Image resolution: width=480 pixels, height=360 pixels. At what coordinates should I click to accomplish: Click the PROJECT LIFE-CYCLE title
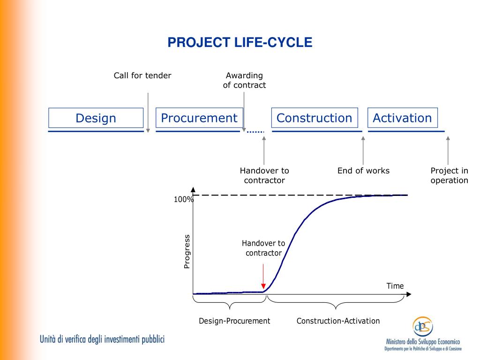point(240,42)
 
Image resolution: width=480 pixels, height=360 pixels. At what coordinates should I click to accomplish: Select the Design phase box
point(96,118)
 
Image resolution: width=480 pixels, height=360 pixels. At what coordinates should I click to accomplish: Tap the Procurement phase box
point(199,118)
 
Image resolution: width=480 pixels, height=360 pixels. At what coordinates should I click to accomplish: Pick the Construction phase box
point(315,118)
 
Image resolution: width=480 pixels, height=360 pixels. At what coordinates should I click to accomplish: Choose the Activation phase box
point(403,118)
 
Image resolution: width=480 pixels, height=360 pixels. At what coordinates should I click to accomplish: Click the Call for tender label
point(142,75)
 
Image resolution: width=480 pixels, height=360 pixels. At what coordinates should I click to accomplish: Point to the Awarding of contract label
point(244,80)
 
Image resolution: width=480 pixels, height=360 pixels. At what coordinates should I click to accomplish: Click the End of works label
point(363,171)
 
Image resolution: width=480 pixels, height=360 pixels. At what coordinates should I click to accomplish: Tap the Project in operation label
point(449,175)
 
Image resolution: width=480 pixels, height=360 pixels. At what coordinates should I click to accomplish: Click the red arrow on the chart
point(263,276)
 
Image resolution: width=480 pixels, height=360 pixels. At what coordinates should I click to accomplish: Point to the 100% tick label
point(184,199)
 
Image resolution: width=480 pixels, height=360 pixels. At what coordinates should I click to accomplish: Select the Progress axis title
point(187,252)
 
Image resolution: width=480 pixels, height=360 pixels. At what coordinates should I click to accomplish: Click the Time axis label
point(395,286)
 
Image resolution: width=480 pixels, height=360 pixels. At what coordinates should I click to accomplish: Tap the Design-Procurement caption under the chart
point(234,321)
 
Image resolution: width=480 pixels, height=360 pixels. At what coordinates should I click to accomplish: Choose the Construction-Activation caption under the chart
point(338,321)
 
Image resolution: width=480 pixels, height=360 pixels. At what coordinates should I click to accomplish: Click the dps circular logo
point(423,326)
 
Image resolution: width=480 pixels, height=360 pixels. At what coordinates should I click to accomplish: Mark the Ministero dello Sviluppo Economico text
point(423,342)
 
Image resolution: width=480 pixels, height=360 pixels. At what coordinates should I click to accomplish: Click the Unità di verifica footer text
point(102,339)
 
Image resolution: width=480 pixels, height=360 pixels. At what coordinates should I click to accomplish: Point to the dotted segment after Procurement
point(255,132)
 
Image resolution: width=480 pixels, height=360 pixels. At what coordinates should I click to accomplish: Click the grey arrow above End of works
point(363,150)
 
